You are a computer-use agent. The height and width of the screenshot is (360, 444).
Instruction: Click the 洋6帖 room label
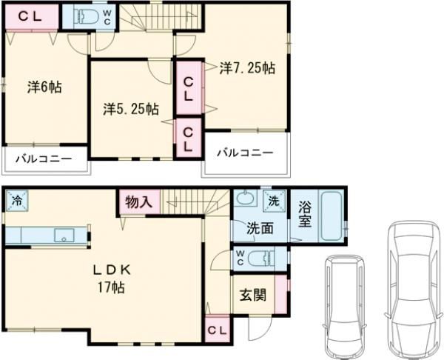tap(44, 87)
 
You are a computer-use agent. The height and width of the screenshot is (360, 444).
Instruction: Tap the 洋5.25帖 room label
tap(129, 110)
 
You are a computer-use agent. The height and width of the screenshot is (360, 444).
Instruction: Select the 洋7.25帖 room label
tap(247, 68)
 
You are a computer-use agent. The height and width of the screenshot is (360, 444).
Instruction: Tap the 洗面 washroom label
tap(260, 229)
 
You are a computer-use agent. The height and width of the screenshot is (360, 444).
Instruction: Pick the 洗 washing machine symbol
tap(274, 199)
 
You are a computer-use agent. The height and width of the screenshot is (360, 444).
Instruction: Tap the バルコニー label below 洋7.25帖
tap(244, 153)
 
